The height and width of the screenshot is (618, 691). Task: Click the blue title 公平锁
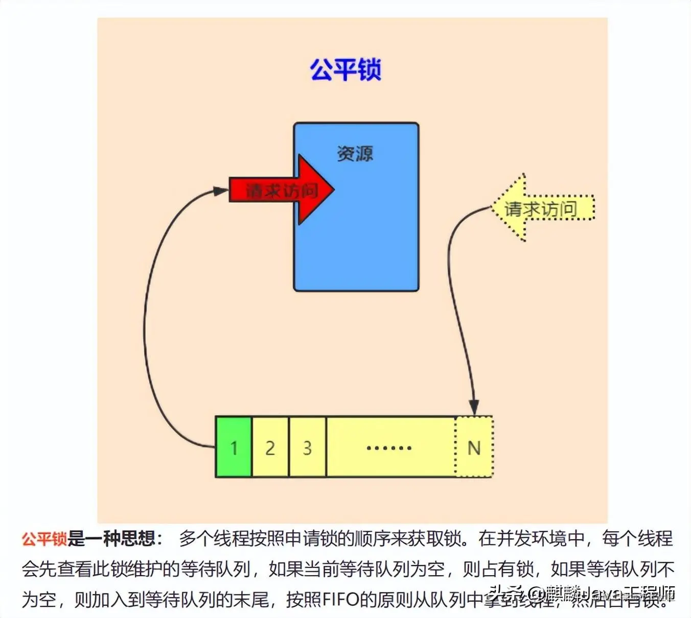point(345,69)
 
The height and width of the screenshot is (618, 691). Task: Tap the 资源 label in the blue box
point(355,153)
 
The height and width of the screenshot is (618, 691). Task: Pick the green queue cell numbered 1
point(234,447)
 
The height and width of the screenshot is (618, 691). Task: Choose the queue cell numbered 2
point(270,447)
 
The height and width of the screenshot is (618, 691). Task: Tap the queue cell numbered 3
point(307,447)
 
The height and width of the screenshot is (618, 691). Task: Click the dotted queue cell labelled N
point(474,447)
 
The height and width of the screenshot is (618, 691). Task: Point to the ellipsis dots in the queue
point(389,448)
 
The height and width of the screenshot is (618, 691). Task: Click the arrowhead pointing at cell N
point(474,408)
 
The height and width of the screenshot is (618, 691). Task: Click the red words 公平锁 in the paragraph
point(44,538)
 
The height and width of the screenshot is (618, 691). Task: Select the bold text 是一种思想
point(111,538)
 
